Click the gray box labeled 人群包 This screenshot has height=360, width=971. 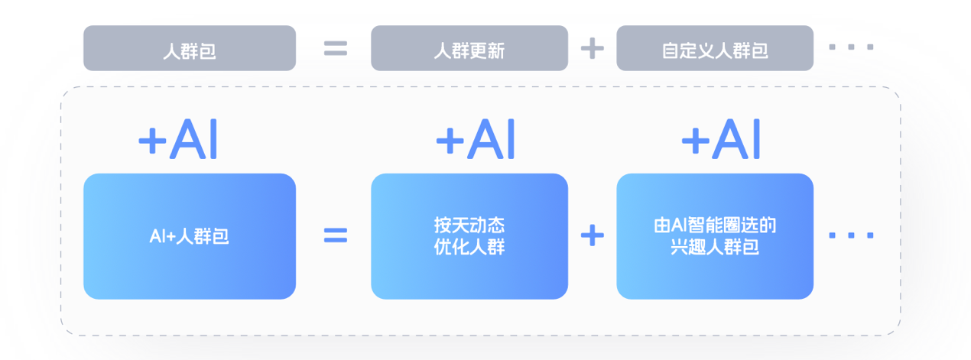(x=190, y=48)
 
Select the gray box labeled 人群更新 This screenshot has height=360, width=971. (x=469, y=48)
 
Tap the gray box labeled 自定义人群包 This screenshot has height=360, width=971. (x=715, y=48)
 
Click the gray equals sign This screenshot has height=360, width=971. (x=336, y=48)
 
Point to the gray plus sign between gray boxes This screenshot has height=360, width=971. (x=592, y=48)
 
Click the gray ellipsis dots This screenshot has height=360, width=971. (x=852, y=47)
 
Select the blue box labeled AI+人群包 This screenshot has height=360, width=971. (x=190, y=236)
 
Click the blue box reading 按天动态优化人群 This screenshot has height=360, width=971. (x=469, y=236)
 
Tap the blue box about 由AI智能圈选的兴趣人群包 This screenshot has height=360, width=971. (x=715, y=236)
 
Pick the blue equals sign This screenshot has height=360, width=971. (x=336, y=235)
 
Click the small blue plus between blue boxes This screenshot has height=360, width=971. (x=592, y=235)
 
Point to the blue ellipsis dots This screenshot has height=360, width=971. (x=852, y=235)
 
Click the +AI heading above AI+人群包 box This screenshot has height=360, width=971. (x=177, y=139)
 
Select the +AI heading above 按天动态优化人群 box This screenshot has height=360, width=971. (x=476, y=139)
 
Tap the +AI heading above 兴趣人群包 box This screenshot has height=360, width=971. (x=721, y=139)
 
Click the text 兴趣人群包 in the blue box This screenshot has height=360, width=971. (x=715, y=247)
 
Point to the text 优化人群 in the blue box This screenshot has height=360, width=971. (x=469, y=247)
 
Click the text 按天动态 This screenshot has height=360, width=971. (x=469, y=225)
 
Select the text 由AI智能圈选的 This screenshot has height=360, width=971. (x=715, y=225)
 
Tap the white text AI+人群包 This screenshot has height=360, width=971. (x=189, y=236)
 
